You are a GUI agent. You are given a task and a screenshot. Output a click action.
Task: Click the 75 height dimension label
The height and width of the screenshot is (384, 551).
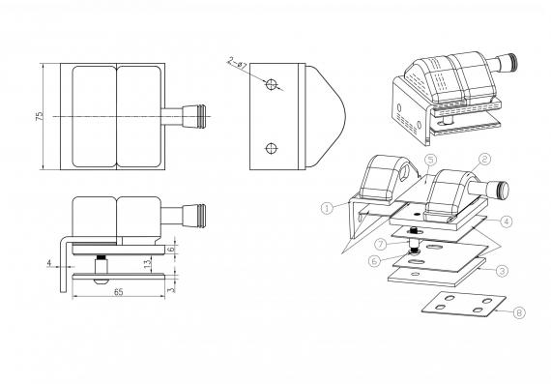tap(40, 116)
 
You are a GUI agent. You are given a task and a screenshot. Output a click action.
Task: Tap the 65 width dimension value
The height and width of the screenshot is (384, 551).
tap(119, 292)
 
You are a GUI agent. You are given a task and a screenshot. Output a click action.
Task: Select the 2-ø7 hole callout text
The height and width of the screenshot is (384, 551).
tap(238, 63)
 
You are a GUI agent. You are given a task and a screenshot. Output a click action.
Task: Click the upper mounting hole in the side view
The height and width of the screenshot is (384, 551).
tap(272, 84)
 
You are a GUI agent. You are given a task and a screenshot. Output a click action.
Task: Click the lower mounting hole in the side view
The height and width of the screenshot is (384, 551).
tap(272, 148)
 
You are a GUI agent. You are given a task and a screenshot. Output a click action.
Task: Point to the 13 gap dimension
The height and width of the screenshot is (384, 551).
tap(148, 264)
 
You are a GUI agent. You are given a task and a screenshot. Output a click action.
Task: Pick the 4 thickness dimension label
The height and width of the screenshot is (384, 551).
tap(49, 263)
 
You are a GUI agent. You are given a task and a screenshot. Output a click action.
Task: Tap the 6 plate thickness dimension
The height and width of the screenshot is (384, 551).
tap(170, 249)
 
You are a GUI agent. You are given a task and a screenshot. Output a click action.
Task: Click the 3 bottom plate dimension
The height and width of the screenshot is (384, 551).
tap(170, 290)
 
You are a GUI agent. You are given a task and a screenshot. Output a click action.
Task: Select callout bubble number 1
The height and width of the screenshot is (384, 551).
tap(327, 208)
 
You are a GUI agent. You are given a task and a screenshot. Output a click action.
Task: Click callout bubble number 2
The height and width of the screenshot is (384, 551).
tap(484, 160)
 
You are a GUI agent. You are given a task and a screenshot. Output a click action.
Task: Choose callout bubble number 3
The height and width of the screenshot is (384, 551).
tap(502, 271)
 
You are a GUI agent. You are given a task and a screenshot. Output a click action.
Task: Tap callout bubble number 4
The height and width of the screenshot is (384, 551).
tap(507, 222)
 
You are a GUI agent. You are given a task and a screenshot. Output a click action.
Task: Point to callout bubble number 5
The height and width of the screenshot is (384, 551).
tap(430, 160)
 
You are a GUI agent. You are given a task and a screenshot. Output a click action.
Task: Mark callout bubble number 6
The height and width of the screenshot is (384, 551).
tap(374, 261)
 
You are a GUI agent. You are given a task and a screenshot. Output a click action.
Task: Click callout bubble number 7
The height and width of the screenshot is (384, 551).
tap(381, 244)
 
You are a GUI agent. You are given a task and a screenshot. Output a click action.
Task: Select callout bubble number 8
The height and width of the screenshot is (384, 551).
tap(519, 312)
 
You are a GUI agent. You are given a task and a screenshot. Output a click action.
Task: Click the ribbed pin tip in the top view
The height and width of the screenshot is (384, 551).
tap(201, 116)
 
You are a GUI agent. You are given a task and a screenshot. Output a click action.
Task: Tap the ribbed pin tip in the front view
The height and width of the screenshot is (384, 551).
tap(201, 216)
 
